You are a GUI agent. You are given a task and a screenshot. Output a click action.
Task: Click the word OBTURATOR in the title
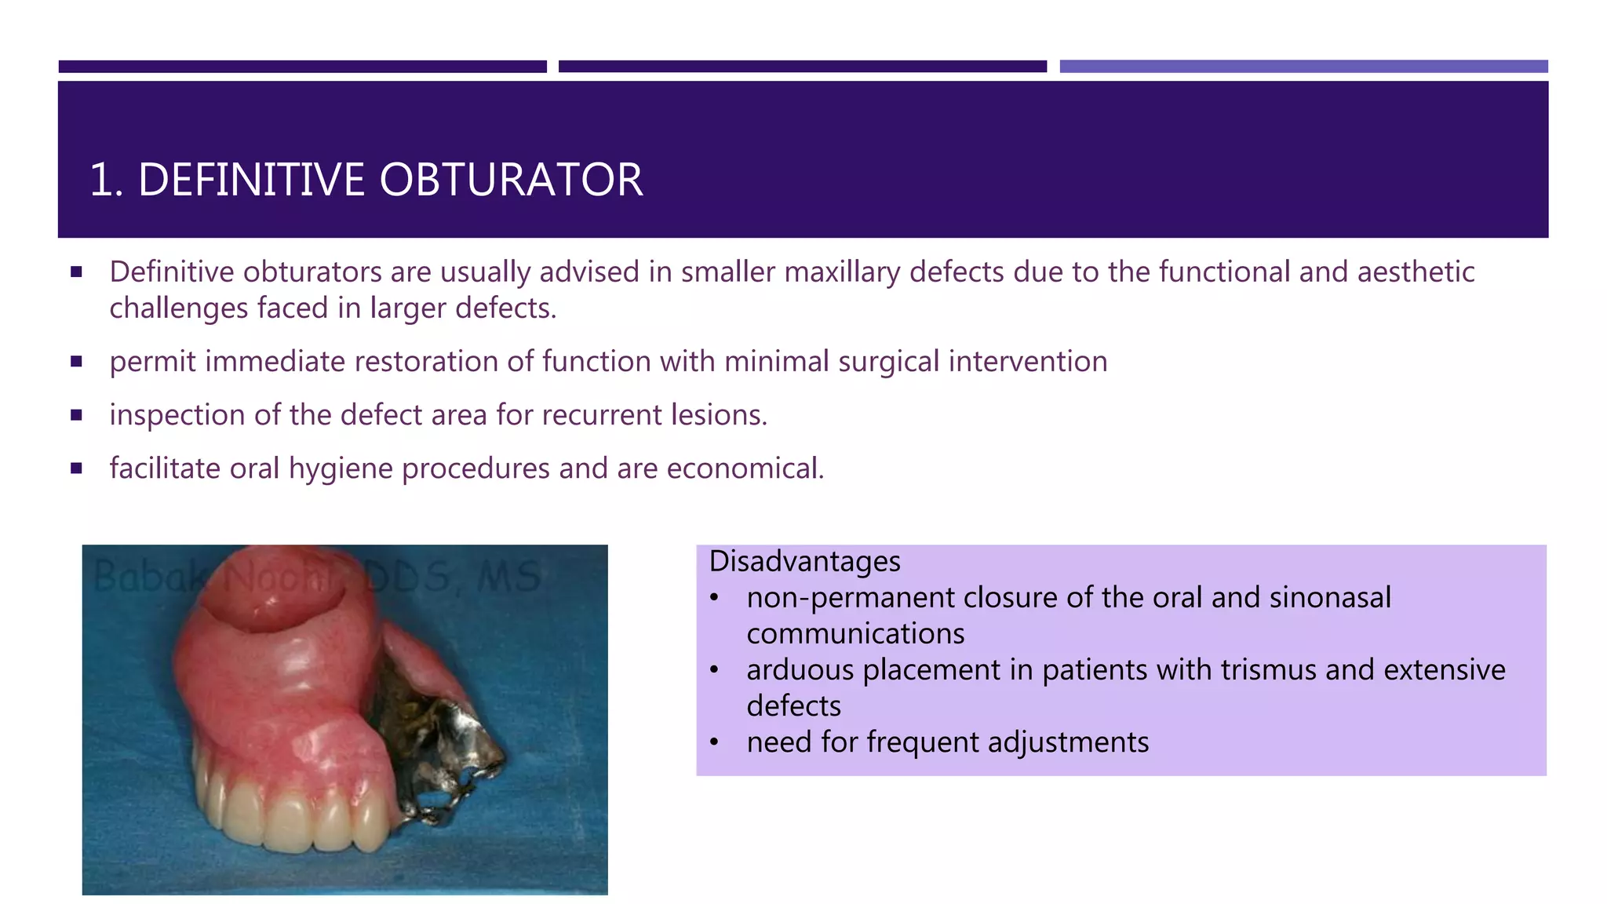(x=511, y=180)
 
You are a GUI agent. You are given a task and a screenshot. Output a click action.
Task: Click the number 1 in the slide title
(x=101, y=180)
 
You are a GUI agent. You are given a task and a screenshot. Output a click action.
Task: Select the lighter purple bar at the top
(x=1303, y=67)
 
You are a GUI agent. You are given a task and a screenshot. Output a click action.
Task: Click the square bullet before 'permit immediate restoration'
(x=76, y=362)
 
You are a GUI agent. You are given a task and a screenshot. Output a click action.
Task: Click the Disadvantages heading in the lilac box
(x=804, y=562)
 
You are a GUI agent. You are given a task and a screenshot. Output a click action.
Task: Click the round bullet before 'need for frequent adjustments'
(x=714, y=742)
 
